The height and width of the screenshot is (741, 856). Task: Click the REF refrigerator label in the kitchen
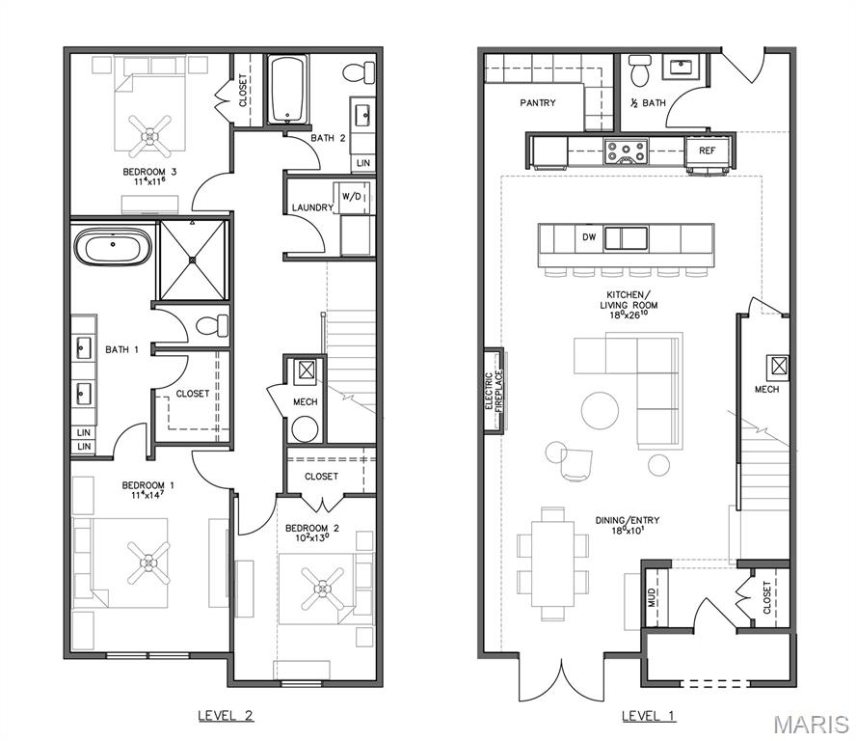[x=708, y=151]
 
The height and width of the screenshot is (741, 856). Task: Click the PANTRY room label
[x=538, y=102]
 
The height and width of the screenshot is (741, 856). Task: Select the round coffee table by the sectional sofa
[x=601, y=409]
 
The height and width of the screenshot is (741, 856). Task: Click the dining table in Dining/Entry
[x=552, y=563]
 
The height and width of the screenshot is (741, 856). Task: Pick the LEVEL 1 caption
[x=649, y=716]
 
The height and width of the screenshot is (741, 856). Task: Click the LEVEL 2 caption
[x=226, y=716]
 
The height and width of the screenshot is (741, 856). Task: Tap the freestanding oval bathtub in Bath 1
[x=114, y=247]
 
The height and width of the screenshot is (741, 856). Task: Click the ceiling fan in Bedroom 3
[x=150, y=134]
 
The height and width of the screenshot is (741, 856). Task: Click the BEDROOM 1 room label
[x=147, y=490]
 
